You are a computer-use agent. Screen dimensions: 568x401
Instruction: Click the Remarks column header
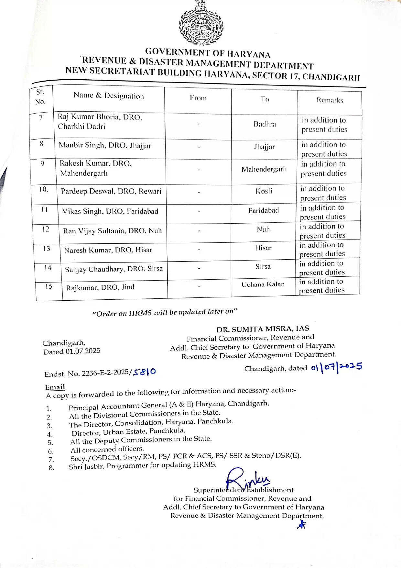point(330,100)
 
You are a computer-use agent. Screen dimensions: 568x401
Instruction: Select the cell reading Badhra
point(265,124)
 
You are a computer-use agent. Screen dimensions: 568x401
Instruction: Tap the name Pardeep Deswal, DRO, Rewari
point(111,191)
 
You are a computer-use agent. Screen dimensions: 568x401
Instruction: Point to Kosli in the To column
point(264,191)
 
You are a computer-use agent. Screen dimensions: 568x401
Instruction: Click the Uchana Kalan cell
point(263,284)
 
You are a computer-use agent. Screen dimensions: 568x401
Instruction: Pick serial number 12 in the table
point(46,229)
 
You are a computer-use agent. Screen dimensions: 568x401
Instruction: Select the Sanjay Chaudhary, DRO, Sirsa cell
point(114,269)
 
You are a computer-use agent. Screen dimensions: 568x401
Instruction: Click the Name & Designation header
point(109,95)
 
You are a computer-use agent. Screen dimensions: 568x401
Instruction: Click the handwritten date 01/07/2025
point(336,367)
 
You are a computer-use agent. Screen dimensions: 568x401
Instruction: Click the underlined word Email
point(55,387)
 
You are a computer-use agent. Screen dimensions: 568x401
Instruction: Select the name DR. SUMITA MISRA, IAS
point(263,329)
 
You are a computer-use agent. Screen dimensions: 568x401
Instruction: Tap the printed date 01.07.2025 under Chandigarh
point(83,351)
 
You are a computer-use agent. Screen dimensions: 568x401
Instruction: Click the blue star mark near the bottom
point(301,525)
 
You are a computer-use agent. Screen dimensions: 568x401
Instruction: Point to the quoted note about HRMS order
point(165,312)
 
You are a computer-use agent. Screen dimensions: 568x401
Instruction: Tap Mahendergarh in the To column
point(264,169)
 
